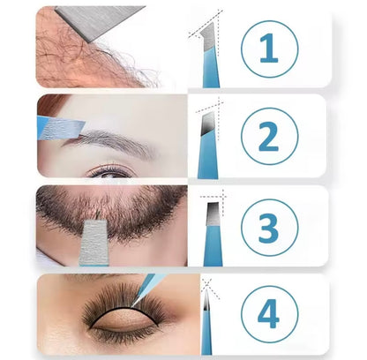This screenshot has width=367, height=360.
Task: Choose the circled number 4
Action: (269, 313)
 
